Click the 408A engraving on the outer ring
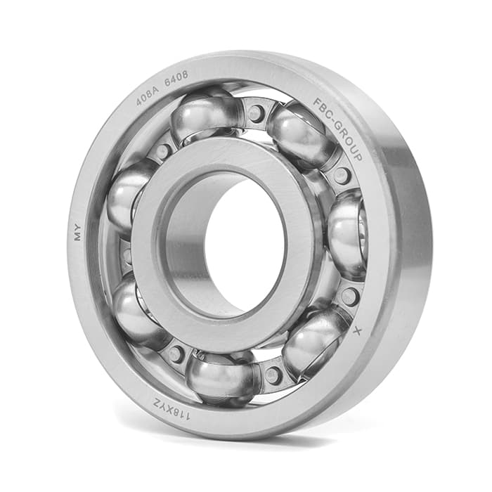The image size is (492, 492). (148, 97)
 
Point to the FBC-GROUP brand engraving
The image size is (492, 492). (338, 128)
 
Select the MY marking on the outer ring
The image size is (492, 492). (77, 233)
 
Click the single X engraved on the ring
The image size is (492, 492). (357, 330)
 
